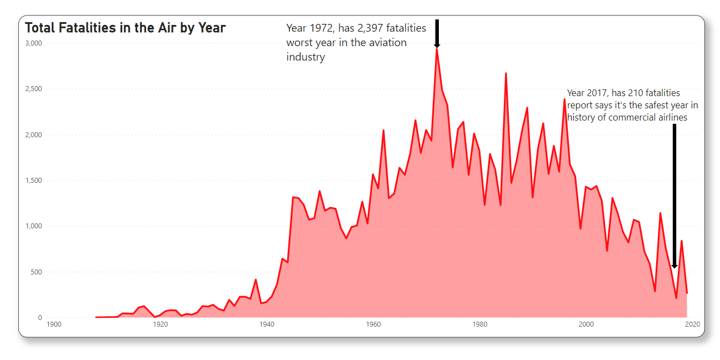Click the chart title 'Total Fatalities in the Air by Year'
point(125,28)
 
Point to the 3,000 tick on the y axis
point(33,43)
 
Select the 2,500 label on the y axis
point(33,89)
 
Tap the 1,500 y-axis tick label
point(33,181)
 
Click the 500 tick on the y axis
point(36,272)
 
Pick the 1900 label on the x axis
point(54,324)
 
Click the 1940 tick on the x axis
point(267,324)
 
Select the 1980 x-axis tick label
point(479,324)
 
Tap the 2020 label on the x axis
point(692,324)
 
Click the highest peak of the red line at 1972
point(437,49)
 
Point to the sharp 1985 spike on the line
point(506,73)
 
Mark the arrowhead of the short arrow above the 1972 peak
point(437,46)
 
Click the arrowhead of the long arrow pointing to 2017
point(674,266)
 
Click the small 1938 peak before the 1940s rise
point(256,279)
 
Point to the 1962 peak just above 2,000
point(383,131)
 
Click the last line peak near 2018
point(681,241)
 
